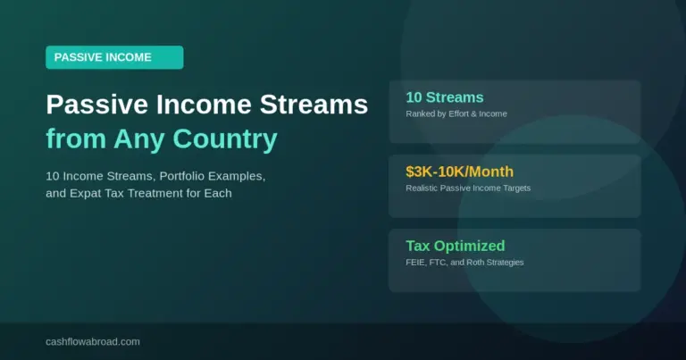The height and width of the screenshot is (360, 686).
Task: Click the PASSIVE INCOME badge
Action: pyautogui.click(x=114, y=57)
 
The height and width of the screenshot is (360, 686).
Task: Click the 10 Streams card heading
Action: pyautogui.click(x=445, y=97)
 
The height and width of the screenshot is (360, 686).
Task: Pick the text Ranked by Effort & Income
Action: pyautogui.click(x=457, y=114)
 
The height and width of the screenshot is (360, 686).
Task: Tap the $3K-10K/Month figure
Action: pyautogui.click(x=459, y=172)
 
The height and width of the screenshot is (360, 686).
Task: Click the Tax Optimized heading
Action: pyautogui.click(x=455, y=246)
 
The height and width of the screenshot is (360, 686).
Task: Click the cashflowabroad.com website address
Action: pyautogui.click(x=93, y=341)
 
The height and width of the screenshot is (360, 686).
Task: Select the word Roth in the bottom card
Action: pyautogui.click(x=481, y=263)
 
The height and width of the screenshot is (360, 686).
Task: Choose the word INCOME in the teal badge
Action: pyautogui.click(x=128, y=57)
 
